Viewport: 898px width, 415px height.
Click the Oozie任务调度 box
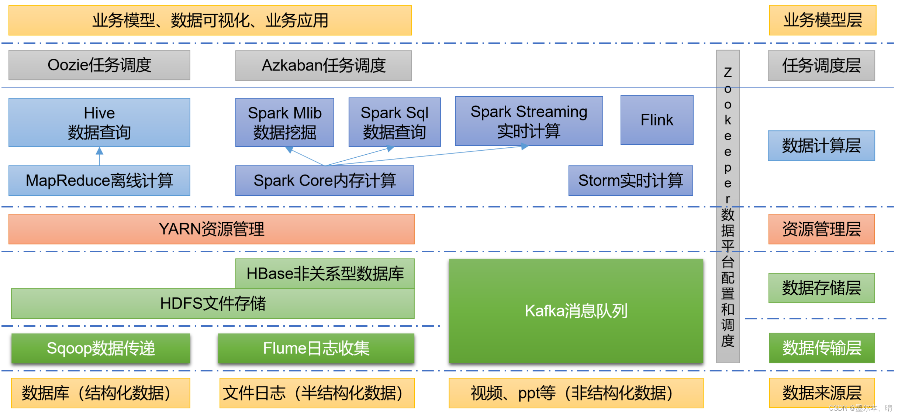click(x=99, y=65)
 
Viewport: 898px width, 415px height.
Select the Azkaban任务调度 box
click(x=324, y=65)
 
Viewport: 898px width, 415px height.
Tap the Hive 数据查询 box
click(x=99, y=122)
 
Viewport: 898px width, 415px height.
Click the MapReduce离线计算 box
click(x=99, y=181)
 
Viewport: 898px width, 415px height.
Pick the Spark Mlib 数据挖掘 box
click(x=284, y=122)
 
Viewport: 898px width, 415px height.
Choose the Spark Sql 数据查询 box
click(x=394, y=122)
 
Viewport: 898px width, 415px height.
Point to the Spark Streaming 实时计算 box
click(x=529, y=121)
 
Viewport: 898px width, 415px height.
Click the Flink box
click(x=657, y=120)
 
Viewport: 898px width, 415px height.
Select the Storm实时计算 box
click(x=631, y=181)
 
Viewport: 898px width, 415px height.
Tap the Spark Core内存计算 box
click(x=325, y=181)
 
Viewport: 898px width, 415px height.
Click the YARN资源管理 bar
click(x=211, y=229)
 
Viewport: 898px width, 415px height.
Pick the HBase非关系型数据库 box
click(x=325, y=274)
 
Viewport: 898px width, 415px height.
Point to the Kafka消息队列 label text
click(x=576, y=311)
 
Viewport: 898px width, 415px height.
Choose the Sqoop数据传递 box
click(x=101, y=348)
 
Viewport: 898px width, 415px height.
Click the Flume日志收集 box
click(x=316, y=348)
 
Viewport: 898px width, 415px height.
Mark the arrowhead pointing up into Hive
click(x=99, y=151)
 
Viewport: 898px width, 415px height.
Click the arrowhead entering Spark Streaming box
click(x=525, y=147)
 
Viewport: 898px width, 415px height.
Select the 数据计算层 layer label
click(x=821, y=145)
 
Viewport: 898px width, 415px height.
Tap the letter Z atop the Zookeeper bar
click(x=728, y=72)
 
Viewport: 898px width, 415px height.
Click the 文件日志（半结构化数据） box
click(x=317, y=393)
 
